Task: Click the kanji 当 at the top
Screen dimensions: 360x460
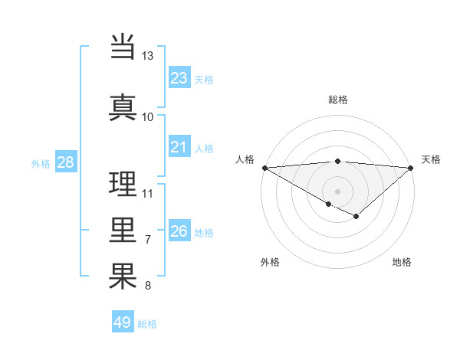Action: pos(123,47)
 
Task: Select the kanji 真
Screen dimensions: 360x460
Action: pos(123,106)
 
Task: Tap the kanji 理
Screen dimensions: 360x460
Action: pos(123,183)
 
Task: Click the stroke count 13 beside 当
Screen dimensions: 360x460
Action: pos(147,56)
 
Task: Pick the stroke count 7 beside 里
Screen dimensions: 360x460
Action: pos(147,240)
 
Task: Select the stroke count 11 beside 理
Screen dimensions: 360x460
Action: pos(148,192)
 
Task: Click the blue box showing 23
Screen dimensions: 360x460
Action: pos(179,78)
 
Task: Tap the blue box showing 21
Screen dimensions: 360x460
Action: pos(179,147)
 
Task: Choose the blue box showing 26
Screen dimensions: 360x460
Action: pos(179,231)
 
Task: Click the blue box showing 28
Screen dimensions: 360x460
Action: pos(65,162)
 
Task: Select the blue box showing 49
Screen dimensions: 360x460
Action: pos(123,322)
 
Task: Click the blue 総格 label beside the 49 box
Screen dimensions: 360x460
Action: pos(148,324)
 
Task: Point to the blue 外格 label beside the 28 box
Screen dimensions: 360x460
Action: pos(41,164)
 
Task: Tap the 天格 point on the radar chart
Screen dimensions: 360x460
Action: pos(411,168)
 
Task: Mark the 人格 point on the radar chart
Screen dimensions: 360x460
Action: pos(264,168)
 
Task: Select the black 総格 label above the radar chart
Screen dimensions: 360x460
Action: pos(338,100)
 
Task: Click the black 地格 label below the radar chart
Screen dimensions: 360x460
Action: pos(402,263)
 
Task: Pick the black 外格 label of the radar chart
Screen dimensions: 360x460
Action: pos(270,263)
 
